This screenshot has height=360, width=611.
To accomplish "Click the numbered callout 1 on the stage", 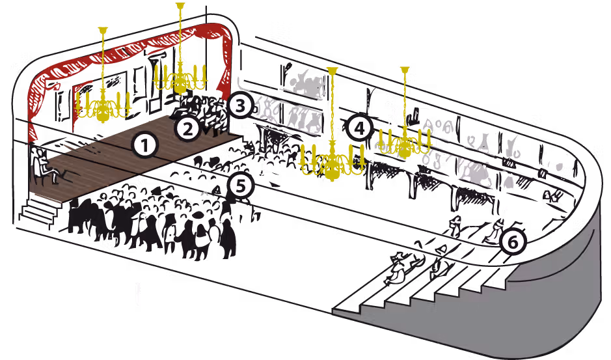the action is point(144,145).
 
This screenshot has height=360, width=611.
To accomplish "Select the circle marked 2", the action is point(188,129).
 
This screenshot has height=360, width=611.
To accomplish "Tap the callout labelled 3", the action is point(241,105).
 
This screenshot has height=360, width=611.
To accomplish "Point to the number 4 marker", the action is point(360,128).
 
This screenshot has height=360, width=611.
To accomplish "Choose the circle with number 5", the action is point(240,186).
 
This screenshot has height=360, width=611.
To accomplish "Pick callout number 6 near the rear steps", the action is point(513,242).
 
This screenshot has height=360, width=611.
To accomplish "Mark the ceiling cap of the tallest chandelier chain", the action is point(180,5).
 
